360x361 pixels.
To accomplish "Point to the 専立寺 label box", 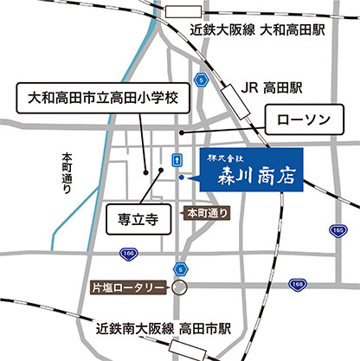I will [x=135, y=219].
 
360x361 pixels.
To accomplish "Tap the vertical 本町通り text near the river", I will [x=67, y=177].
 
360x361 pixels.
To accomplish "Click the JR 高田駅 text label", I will [x=272, y=87].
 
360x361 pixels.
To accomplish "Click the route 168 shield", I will [x=297, y=283].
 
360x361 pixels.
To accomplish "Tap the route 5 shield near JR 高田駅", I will [x=202, y=80].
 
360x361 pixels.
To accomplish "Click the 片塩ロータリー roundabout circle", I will [x=179, y=287].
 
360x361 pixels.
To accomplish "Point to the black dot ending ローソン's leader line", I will [x=182, y=132].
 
